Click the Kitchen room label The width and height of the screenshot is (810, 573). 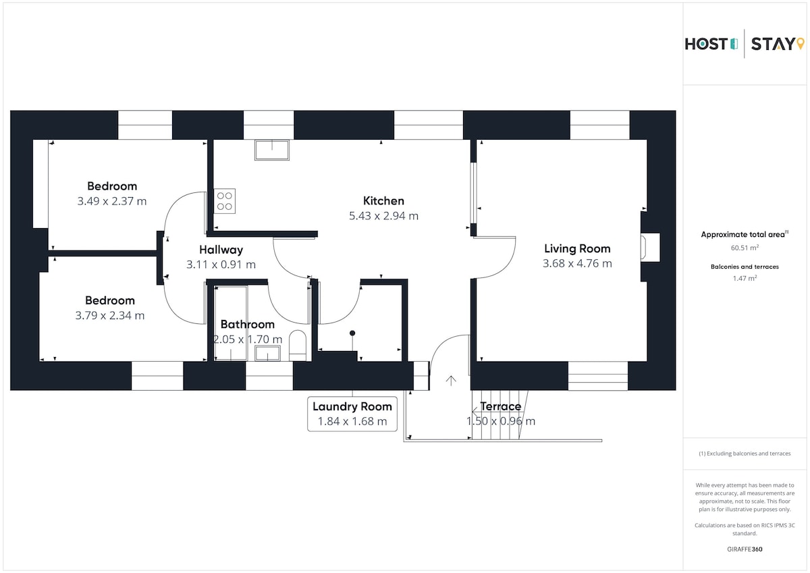click(x=383, y=200)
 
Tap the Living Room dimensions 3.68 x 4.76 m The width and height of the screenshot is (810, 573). click(x=577, y=263)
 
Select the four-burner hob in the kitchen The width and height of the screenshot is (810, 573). click(x=225, y=201)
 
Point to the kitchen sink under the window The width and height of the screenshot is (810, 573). click(x=272, y=150)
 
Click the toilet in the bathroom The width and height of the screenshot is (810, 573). click(x=298, y=346)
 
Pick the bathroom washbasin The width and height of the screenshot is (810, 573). click(x=267, y=353)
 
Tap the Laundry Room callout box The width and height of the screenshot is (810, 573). click(x=352, y=414)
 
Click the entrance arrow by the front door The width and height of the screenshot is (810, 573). click(x=451, y=381)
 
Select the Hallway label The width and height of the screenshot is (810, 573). click(x=221, y=250)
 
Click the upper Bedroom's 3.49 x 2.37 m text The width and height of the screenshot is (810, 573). click(x=112, y=201)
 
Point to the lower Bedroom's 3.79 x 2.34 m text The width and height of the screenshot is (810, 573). click(x=110, y=315)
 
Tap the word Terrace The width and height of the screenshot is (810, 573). click(x=500, y=406)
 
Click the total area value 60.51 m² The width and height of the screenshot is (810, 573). click(x=745, y=248)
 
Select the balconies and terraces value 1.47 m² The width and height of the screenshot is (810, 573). click(x=745, y=278)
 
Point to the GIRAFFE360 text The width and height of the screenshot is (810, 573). click(x=745, y=549)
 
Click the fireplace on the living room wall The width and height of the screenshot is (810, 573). click(x=650, y=247)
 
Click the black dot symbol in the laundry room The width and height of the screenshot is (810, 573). click(x=352, y=333)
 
